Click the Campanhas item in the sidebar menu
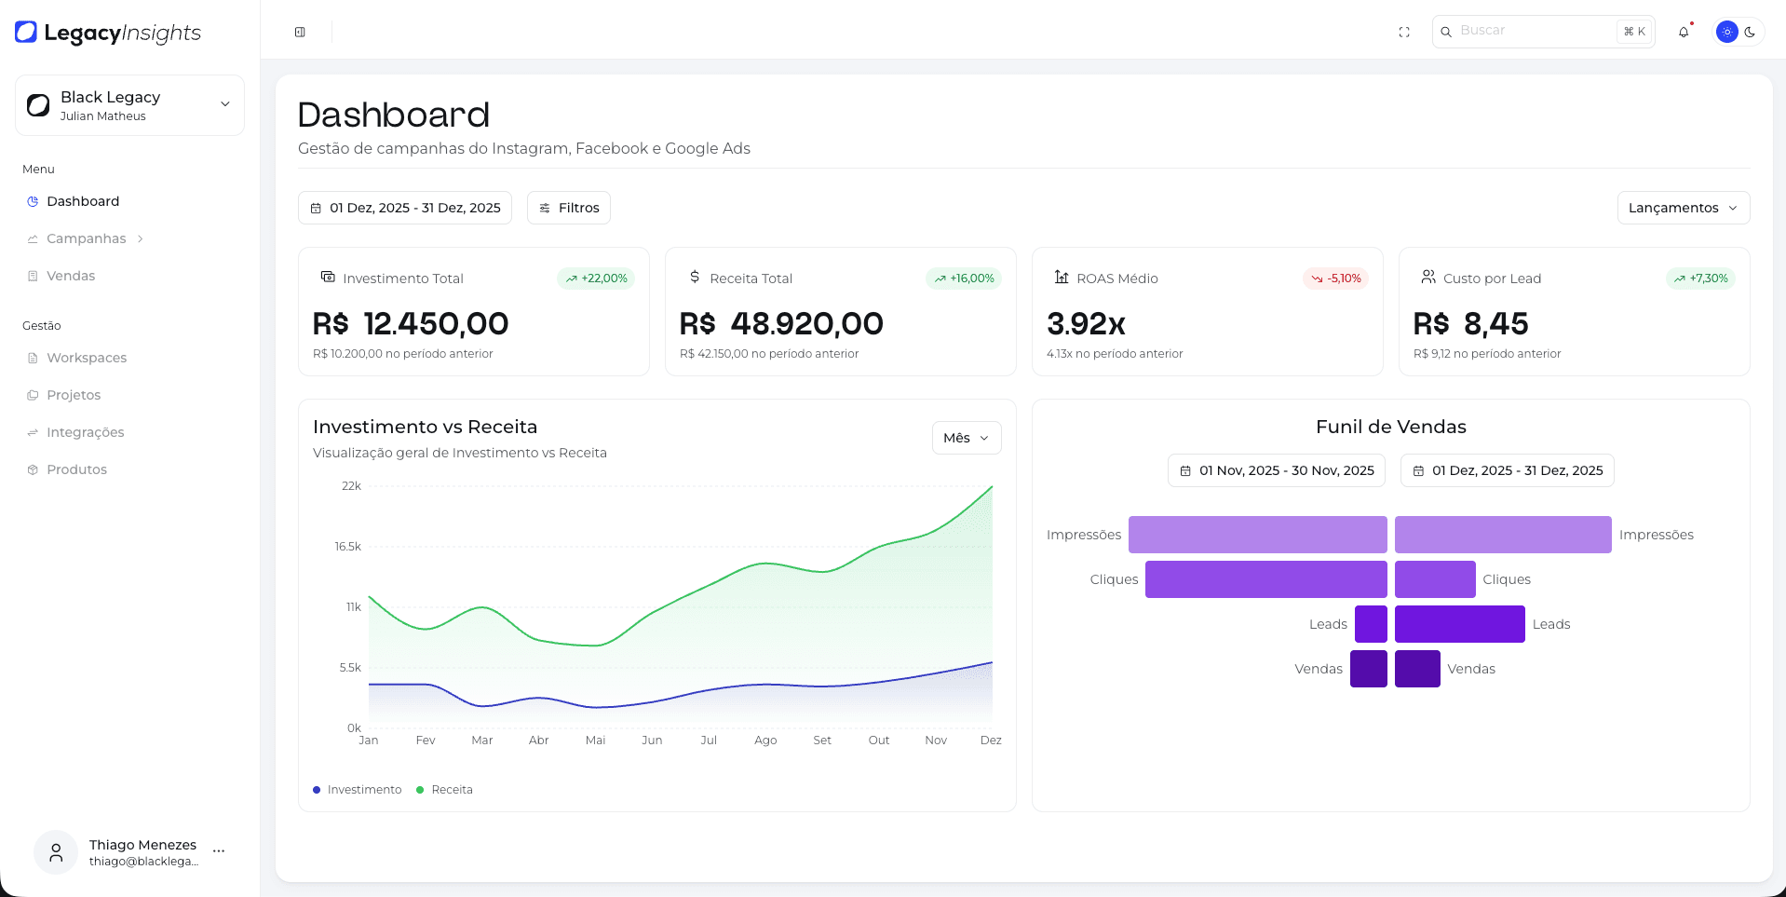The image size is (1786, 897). [x=86, y=238]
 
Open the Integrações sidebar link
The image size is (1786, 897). [x=85, y=432]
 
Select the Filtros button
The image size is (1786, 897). [x=569, y=208]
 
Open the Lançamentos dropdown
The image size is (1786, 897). [x=1683, y=208]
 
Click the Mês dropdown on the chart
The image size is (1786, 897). [x=966, y=438]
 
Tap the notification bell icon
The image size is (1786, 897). [x=1684, y=32]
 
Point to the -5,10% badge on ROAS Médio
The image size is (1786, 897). [x=1336, y=279]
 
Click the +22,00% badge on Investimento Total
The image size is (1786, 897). [x=596, y=279]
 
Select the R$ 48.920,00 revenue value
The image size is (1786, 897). [x=781, y=324]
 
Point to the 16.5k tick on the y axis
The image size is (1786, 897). [x=348, y=547]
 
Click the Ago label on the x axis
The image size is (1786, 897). [x=765, y=741]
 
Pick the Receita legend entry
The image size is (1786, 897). [x=451, y=790]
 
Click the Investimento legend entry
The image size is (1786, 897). [x=363, y=790]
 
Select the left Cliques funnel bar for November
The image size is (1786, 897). [x=1265, y=579]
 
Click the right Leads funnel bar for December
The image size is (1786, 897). [x=1459, y=624]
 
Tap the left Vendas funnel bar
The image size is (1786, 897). [x=1368, y=669]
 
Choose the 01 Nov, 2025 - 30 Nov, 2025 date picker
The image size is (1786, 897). [x=1277, y=470]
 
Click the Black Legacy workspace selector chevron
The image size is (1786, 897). [x=224, y=104]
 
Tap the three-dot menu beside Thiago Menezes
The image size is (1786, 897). [x=219, y=851]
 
